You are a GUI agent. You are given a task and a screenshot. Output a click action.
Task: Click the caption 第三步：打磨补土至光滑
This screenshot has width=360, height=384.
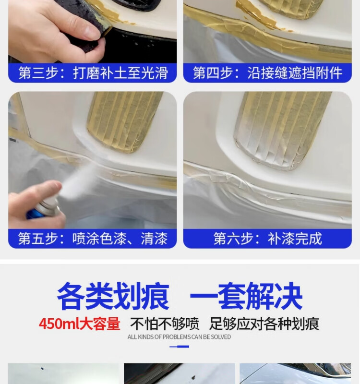coord(93,73)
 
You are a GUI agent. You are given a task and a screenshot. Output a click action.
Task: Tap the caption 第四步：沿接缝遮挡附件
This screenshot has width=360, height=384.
coord(267,73)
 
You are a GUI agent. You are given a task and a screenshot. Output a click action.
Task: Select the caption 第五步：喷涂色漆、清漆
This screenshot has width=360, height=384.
coord(93,239)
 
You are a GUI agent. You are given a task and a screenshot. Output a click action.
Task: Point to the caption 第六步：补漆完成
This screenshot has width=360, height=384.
coord(267,239)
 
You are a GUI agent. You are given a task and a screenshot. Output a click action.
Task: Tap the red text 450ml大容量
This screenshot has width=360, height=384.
coord(80,324)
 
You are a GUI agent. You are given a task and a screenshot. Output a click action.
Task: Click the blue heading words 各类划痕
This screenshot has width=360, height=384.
coord(113,296)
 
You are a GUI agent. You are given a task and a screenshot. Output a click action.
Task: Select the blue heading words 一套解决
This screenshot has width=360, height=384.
coord(246,296)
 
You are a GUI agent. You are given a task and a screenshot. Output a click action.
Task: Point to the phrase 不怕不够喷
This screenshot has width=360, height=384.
coord(165,324)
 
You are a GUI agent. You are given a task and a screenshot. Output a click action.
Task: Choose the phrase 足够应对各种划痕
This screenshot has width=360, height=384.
coord(264,324)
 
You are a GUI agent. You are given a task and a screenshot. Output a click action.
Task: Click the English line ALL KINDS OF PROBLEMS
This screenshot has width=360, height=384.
coord(179,337)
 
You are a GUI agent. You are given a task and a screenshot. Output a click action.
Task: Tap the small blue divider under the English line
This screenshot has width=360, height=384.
coord(179,347)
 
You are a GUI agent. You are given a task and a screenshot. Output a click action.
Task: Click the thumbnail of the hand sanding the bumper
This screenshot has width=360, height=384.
coord(92,31)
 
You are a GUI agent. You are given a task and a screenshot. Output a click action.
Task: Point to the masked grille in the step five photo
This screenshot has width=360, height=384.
coord(125,121)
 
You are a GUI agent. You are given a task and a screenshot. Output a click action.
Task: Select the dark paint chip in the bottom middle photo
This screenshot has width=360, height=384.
coord(193,377)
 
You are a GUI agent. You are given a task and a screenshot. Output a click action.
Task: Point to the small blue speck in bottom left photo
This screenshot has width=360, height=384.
coord(42,368)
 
